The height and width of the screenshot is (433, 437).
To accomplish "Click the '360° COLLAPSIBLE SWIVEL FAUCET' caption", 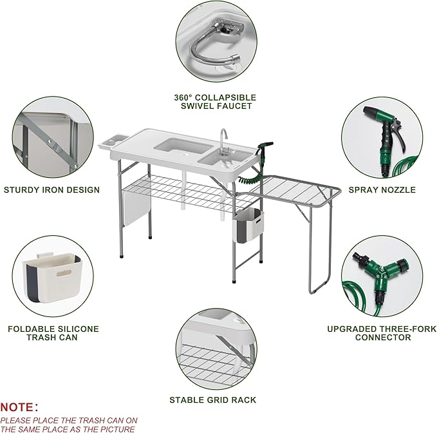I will tap(215, 101).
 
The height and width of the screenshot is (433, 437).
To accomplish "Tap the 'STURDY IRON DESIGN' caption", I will tap(51, 189).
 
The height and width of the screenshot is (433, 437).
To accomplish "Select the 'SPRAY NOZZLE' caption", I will tap(382, 189).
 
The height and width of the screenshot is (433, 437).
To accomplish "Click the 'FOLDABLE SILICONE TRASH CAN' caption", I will tap(53, 333).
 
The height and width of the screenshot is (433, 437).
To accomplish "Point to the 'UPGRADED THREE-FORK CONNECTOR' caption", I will tap(382, 333).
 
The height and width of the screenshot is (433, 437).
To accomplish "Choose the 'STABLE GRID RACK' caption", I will tap(212, 400).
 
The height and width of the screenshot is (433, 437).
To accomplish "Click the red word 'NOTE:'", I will tap(19, 407).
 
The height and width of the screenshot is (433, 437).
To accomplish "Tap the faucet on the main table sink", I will tap(223, 139).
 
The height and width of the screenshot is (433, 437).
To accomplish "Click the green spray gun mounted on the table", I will tap(263, 149).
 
